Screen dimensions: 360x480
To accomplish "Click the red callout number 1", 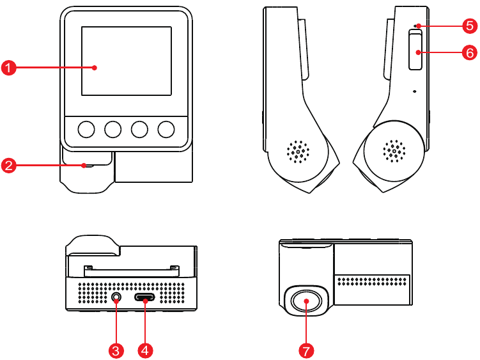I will click(x=8, y=67).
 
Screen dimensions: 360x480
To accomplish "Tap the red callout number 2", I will click(x=8, y=166).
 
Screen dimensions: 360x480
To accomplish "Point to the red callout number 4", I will click(x=146, y=350).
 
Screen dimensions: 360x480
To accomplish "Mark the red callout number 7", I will click(x=307, y=350).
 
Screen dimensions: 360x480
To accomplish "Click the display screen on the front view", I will click(x=127, y=61).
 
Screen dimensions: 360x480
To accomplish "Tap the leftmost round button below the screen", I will click(x=86, y=130).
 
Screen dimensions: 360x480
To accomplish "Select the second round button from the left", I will click(x=113, y=130).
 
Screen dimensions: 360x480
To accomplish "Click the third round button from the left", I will click(x=140, y=130).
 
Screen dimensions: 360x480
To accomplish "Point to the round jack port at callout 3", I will click(x=116, y=297).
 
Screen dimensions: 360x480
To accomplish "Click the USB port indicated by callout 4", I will click(x=146, y=298).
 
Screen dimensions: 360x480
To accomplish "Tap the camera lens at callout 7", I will click(x=306, y=301).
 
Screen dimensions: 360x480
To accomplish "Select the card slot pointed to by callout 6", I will click(x=415, y=51).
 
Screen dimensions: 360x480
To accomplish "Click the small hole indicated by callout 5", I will click(x=416, y=26).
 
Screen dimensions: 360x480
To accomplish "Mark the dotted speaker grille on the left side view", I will click(x=298, y=152).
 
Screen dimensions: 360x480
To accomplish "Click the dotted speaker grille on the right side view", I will click(x=394, y=152).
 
